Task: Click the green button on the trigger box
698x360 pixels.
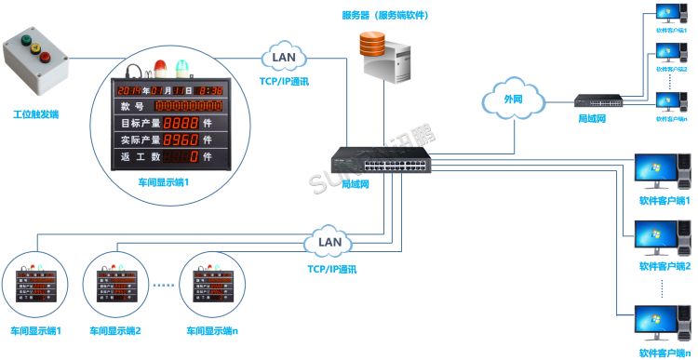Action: click(25, 40)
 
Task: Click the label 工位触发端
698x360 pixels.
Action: click(35, 114)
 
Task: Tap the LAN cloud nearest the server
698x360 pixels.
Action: click(283, 59)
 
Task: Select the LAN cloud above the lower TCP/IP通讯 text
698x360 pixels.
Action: click(329, 244)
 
